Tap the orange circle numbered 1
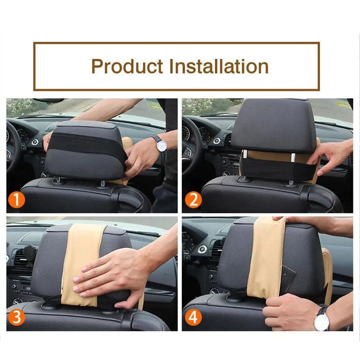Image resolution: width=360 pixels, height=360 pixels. (x=17, y=200)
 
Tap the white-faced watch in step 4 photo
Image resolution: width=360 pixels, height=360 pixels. (x=321, y=320)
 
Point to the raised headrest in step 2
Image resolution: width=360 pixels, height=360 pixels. (x=272, y=125)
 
